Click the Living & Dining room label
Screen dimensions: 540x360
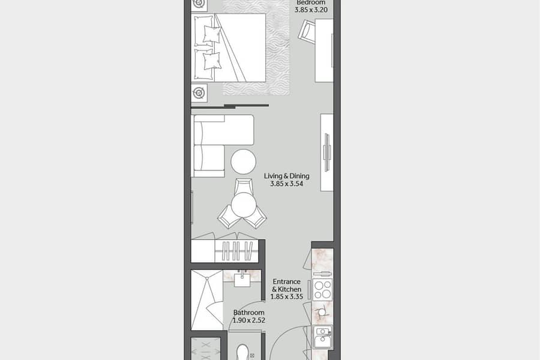287,176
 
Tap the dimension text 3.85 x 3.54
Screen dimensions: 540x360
287,184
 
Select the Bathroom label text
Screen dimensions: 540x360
248,313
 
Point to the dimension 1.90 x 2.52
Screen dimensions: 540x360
248,320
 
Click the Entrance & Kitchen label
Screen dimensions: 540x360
287,286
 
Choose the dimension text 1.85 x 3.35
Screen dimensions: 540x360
287,296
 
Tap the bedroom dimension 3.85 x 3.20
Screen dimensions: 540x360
311,10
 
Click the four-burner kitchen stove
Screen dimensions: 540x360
323,289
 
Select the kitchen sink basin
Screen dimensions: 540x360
322,337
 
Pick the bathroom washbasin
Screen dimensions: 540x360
242,278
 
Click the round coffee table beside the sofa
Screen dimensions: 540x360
243,161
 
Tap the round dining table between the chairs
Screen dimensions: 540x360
244,205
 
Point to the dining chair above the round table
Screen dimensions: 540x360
244,186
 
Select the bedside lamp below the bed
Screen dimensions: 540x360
199,92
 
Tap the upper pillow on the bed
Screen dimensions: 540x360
211,34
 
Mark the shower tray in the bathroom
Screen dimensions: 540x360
207,300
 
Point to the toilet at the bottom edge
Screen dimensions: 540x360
243,352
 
